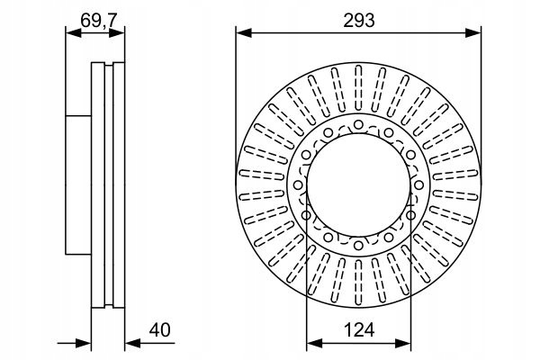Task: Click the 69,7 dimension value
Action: tap(94, 21)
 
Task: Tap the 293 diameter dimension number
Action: tap(359, 21)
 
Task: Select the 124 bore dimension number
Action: tap(359, 329)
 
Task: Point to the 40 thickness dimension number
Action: tap(160, 329)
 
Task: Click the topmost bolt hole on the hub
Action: tap(358, 125)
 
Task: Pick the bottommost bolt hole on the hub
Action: tap(358, 246)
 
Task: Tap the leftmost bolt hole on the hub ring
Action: tap(298, 185)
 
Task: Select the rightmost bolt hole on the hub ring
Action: tap(418, 185)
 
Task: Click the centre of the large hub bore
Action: tap(358, 185)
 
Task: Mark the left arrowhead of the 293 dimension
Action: tap(244, 33)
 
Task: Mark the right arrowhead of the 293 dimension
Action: tap(472, 33)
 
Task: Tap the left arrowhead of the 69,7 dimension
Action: tap(74, 33)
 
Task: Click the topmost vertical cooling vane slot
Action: tap(358, 88)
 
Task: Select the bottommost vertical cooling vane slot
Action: tap(358, 282)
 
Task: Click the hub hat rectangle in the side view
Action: tap(78, 185)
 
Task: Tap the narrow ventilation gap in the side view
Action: tap(109, 185)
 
